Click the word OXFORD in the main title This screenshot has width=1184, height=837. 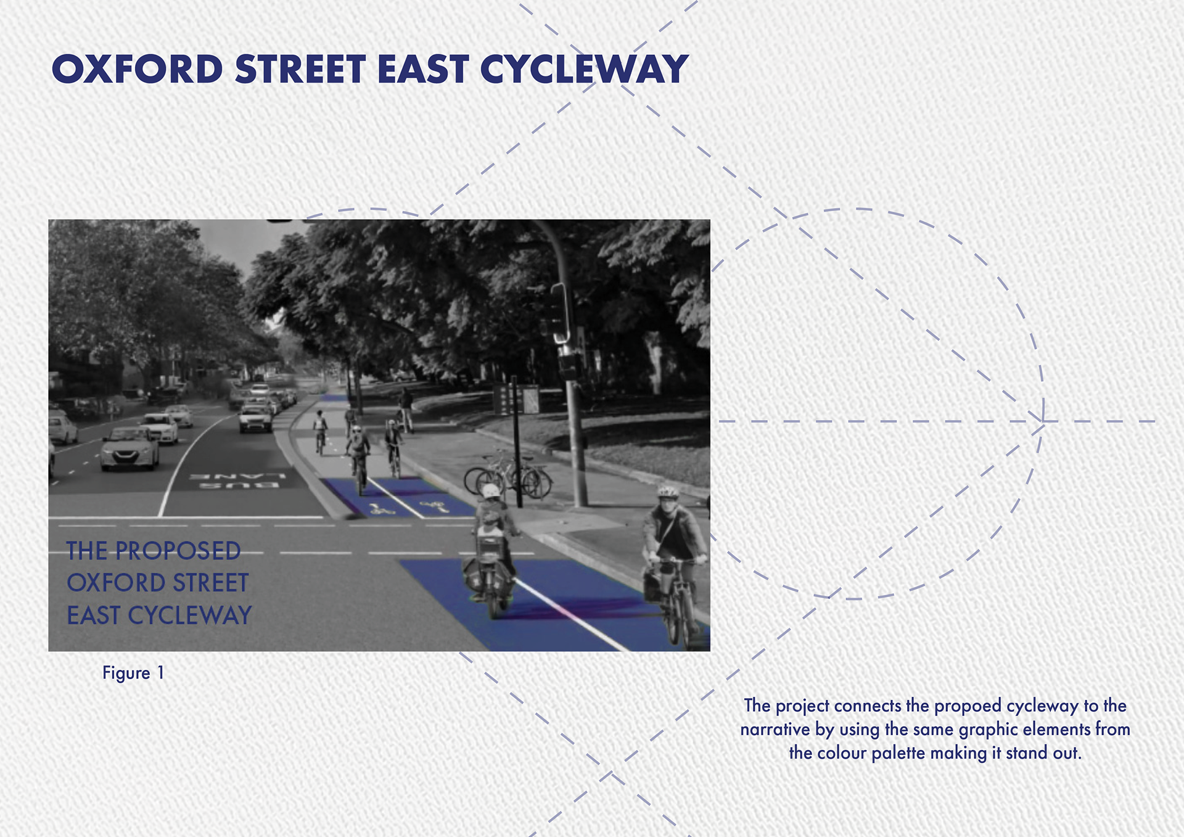click(137, 69)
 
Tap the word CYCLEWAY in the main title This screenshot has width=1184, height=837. click(584, 69)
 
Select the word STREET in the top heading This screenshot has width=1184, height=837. click(300, 69)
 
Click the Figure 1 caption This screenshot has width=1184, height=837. click(133, 673)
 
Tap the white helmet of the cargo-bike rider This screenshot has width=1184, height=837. click(491, 491)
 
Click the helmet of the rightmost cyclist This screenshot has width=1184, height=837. click(668, 492)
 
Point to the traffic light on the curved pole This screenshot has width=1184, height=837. click(559, 313)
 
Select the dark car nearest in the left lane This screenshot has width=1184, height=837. click(129, 448)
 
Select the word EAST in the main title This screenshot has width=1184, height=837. click(423, 69)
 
